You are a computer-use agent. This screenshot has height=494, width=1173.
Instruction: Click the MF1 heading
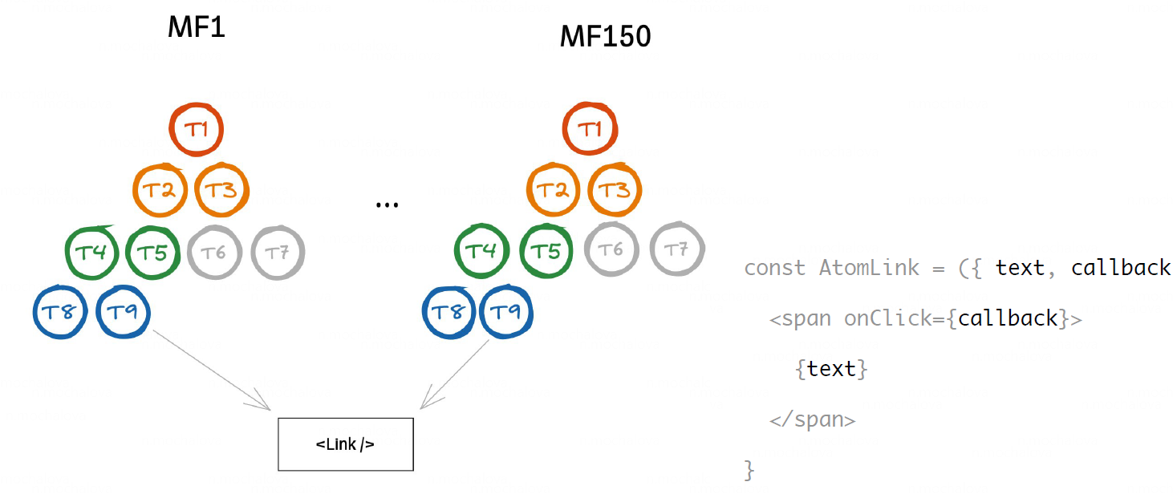tap(196, 28)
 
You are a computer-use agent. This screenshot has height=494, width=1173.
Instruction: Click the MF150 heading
tap(605, 36)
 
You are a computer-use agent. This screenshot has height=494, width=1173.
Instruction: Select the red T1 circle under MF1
tap(197, 129)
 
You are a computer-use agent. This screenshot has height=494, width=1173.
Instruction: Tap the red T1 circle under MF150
tap(590, 129)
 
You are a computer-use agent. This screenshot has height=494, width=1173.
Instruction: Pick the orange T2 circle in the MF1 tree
tap(160, 190)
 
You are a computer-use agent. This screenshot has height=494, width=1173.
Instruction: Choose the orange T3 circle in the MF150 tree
tap(615, 191)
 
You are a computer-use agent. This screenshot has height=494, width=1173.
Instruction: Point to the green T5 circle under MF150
tap(546, 251)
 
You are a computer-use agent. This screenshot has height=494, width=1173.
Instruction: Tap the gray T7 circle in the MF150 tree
tap(677, 250)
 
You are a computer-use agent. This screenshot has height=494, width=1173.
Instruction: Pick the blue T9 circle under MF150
tap(505, 311)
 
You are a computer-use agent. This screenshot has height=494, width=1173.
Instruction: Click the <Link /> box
tap(345, 443)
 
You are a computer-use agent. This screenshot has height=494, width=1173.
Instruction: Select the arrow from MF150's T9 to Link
tap(456, 373)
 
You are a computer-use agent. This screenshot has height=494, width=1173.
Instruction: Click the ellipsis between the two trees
tap(387, 205)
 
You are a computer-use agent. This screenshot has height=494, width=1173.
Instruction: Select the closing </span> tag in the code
tap(812, 419)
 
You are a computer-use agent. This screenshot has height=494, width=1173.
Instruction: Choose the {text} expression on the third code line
tap(831, 369)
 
